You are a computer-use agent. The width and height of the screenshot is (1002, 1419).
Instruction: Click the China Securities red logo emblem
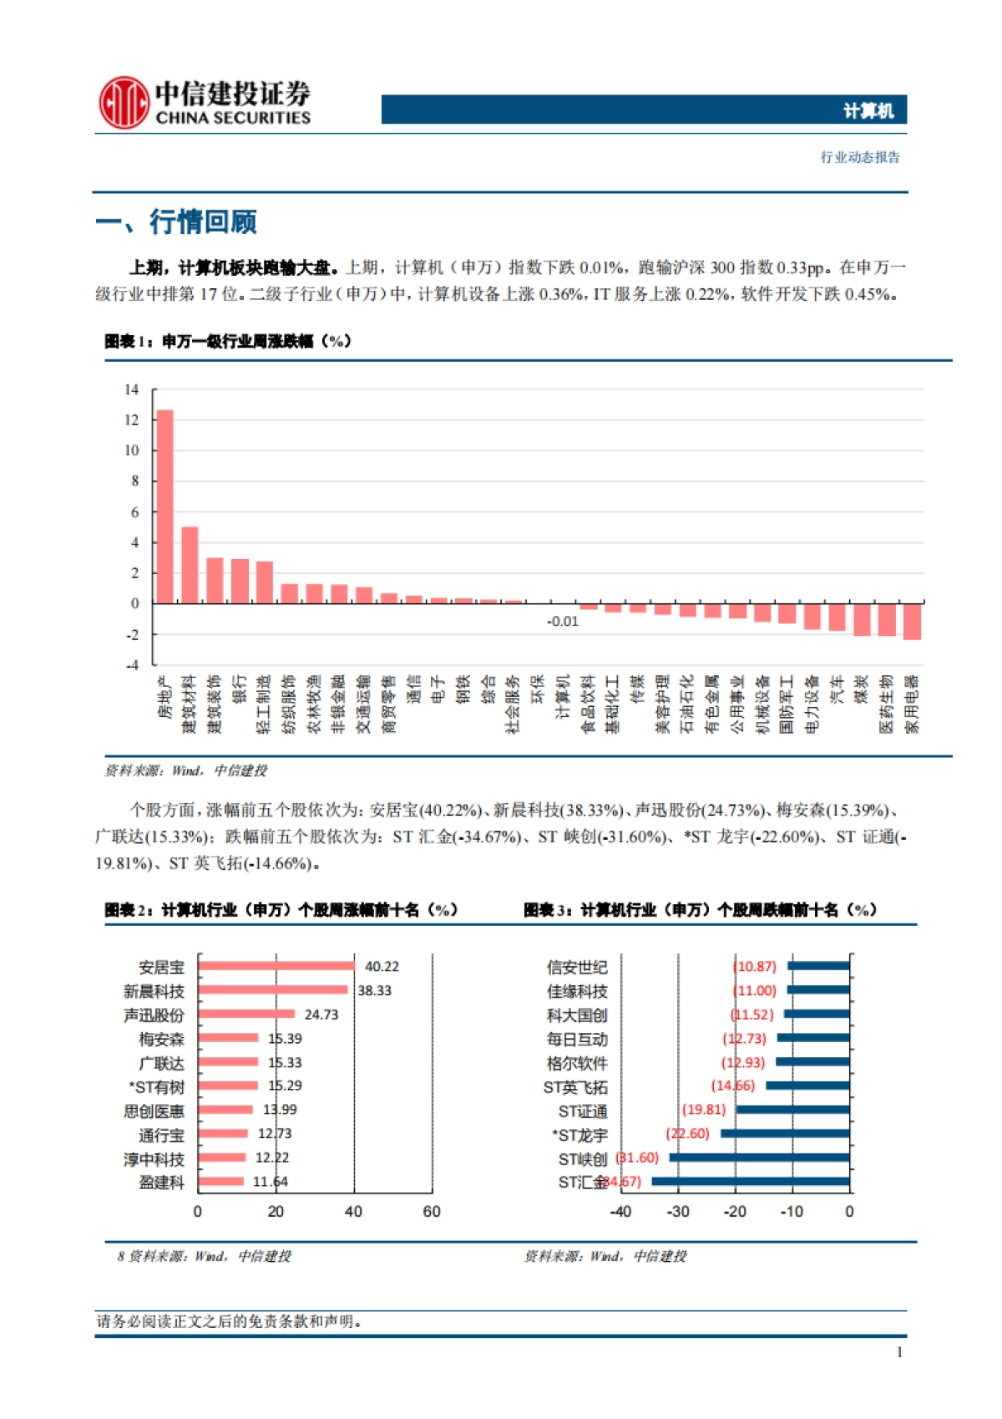[124, 103]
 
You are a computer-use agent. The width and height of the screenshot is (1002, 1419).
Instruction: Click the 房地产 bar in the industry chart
[164, 506]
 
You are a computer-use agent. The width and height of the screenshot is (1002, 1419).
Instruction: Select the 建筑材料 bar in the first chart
[190, 565]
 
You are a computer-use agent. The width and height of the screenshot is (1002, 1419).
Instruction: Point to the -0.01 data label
[562, 622]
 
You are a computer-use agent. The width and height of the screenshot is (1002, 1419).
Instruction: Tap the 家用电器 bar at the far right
[912, 622]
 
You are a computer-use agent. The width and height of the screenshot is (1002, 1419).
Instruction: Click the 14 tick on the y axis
[132, 389]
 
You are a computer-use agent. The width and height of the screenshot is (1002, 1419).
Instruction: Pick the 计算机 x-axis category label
[562, 697]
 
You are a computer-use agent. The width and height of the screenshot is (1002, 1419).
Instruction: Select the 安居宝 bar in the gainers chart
[276, 966]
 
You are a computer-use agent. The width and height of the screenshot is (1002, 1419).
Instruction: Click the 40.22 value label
[382, 967]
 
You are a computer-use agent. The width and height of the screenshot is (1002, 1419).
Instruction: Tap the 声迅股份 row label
[154, 1015]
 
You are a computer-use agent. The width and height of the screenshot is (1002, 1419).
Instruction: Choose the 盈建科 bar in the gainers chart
[221, 1182]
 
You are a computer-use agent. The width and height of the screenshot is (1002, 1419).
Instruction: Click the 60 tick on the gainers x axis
[432, 1212]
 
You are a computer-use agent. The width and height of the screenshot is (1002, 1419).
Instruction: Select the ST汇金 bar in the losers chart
[750, 1182]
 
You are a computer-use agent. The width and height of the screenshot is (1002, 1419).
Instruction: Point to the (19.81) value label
[704, 1110]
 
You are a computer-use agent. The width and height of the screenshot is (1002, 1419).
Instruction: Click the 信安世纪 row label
[577, 968]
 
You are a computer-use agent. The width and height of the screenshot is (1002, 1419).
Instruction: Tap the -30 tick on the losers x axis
[678, 1212]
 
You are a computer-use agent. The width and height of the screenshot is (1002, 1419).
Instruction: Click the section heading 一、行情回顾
[176, 222]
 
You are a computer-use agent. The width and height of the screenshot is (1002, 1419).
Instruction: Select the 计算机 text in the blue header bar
[868, 110]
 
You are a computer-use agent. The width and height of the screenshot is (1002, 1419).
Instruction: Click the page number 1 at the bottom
[899, 1352]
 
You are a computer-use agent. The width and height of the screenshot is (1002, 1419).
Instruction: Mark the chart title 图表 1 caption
[228, 341]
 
